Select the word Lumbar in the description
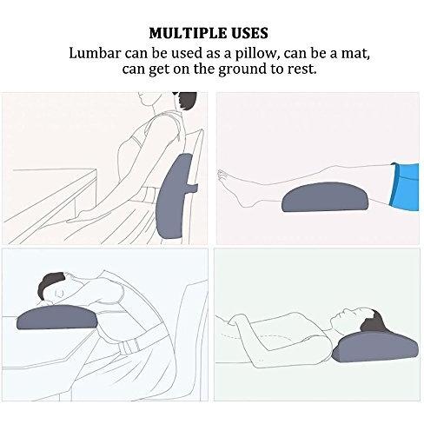click(95, 53)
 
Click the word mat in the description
click(356, 55)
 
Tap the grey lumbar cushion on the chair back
click(176, 197)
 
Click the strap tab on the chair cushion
click(192, 188)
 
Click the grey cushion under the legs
click(325, 196)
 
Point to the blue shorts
click(405, 187)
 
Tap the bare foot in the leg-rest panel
click(235, 188)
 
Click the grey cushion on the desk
click(56, 316)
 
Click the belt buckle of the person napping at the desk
click(128, 347)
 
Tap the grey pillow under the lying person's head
click(376, 347)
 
